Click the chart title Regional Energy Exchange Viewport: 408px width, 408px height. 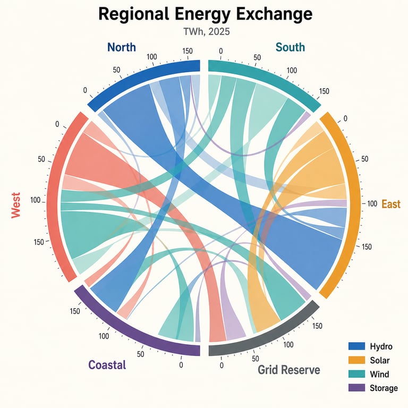tap(205, 14)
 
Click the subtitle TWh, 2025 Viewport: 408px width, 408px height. tap(207, 32)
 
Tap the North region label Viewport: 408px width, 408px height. tap(122, 47)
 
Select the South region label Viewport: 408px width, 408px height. tap(290, 47)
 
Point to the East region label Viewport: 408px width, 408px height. tap(391, 204)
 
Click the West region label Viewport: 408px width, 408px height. tap(16, 205)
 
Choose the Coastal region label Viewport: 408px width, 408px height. tap(107, 365)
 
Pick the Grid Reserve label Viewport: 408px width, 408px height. tap(289, 370)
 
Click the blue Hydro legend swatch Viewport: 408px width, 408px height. tap(357, 346)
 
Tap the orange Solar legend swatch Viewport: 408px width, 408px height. tap(357, 360)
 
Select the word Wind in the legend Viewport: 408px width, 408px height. tap(379, 374)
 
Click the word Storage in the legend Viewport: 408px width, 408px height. tap(384, 388)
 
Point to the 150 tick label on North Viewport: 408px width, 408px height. tap(188, 51)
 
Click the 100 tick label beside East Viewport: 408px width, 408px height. tap(372, 204)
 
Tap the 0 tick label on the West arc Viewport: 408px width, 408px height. tap(57, 124)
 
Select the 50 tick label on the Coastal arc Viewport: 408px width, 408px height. tap(140, 354)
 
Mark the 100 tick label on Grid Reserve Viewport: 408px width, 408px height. tap(288, 345)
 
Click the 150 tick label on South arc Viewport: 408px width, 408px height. tap(324, 91)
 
